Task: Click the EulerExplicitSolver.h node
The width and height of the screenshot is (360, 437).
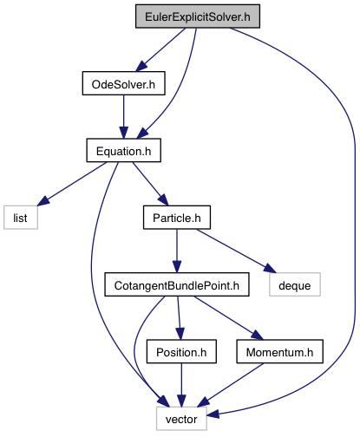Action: click(198, 16)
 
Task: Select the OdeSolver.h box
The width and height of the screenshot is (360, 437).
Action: click(124, 83)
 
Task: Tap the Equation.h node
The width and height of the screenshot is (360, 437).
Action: click(124, 150)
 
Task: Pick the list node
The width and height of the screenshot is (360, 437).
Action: click(21, 218)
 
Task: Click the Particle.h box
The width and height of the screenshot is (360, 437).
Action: click(177, 218)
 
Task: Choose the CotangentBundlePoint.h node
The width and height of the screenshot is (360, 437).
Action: click(177, 284)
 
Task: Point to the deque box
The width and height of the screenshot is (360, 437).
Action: click(295, 284)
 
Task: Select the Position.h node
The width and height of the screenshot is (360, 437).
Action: click(181, 351)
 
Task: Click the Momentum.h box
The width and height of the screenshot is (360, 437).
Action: click(280, 351)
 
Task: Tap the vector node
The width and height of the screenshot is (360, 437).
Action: click(181, 419)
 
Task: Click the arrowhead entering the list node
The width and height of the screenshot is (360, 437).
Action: click(43, 201)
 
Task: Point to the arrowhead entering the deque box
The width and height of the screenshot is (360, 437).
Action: click(270, 268)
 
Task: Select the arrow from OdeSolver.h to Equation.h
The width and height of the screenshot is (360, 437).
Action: click(124, 117)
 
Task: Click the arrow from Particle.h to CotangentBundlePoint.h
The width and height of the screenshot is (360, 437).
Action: click(177, 251)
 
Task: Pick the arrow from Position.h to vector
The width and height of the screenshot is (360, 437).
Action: click(181, 385)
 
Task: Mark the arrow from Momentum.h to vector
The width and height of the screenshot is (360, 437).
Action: click(231, 385)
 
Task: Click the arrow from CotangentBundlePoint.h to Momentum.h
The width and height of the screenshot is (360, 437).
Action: click(228, 318)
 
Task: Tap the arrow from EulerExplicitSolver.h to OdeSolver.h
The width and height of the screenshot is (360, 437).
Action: click(160, 49)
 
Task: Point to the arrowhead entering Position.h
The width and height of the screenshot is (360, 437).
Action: click(180, 334)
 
